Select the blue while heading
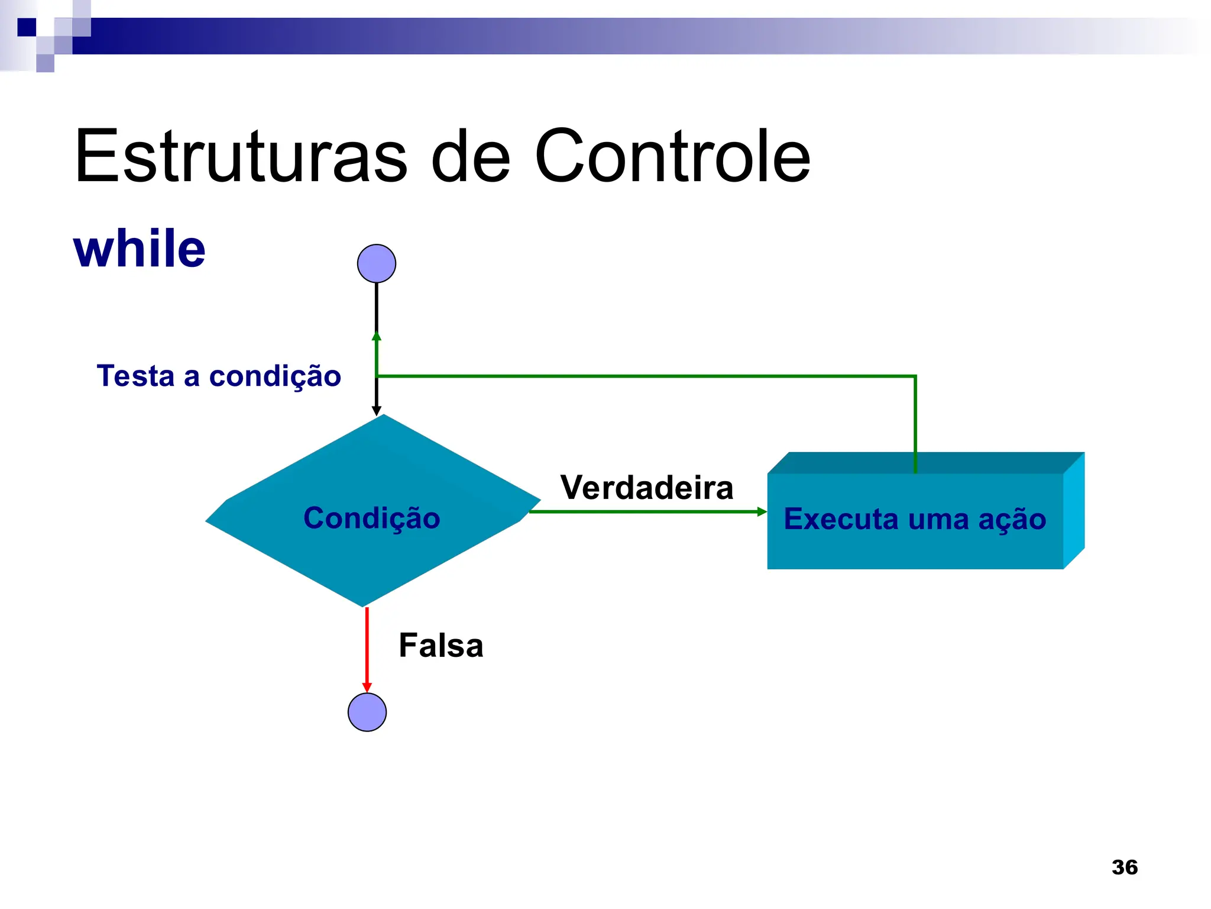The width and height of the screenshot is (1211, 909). [140, 249]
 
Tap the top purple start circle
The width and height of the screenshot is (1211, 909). [377, 263]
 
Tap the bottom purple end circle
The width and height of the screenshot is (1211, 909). [367, 712]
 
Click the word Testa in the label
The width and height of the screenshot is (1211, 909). [135, 376]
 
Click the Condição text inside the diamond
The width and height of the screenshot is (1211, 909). [372, 518]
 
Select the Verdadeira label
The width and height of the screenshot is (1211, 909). [647, 488]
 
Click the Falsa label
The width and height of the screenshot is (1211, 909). [441, 645]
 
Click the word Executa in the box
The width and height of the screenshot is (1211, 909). [841, 519]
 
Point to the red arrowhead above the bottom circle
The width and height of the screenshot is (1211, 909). [367, 687]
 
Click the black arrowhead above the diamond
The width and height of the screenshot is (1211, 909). [377, 411]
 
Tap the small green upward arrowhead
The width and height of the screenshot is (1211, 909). [377, 336]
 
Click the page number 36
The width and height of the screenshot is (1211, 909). [1125, 868]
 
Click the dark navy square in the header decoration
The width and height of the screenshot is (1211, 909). [27, 27]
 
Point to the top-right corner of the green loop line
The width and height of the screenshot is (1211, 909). [915, 376]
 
